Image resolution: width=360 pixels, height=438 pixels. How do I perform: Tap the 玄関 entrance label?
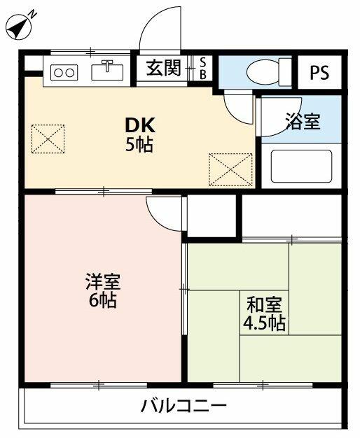click(x=163, y=68)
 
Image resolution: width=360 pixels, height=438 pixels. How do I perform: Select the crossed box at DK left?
click(x=48, y=139)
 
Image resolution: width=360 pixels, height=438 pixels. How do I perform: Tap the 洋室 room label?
click(x=103, y=283)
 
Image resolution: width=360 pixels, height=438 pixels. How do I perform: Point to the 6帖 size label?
click(x=103, y=302)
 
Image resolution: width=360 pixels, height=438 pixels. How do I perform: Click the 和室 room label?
click(x=263, y=305)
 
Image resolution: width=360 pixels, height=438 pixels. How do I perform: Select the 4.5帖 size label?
click(x=263, y=324)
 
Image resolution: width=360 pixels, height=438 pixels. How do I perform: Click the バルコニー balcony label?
click(x=184, y=406)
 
